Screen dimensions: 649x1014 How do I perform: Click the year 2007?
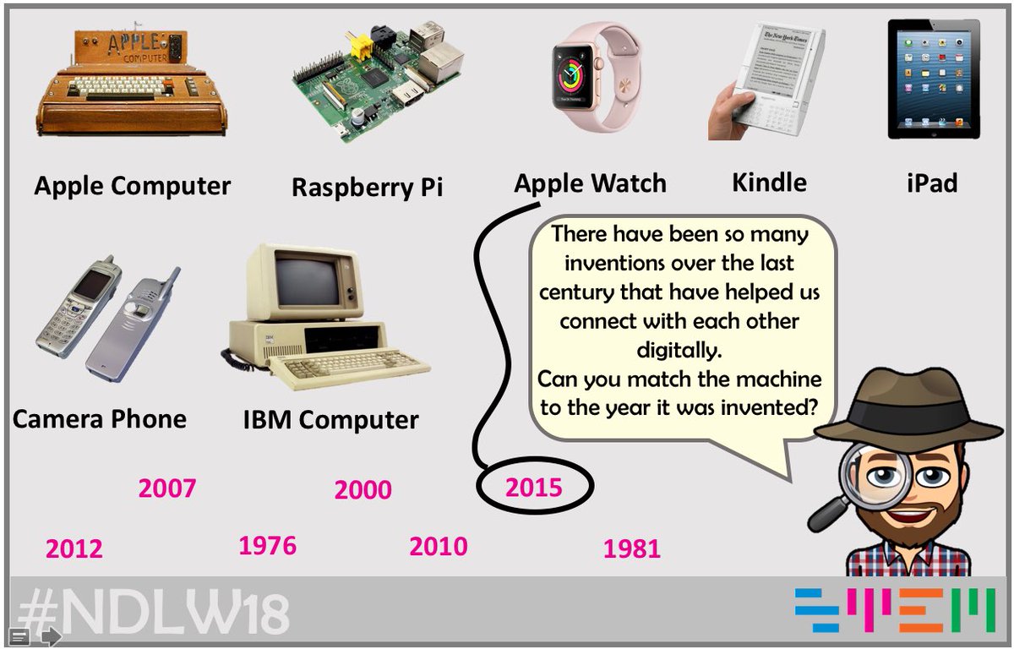(167, 488)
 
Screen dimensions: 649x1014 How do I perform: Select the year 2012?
(74, 549)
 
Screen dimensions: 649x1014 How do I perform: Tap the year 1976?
(268, 546)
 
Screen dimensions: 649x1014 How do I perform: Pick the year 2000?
(363, 490)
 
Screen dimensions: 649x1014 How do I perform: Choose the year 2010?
(439, 547)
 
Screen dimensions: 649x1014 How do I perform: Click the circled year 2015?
(534, 488)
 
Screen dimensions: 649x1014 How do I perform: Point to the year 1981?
(632, 549)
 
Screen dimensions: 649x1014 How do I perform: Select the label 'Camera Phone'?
(100, 418)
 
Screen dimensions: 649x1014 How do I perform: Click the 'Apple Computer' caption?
(133, 186)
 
